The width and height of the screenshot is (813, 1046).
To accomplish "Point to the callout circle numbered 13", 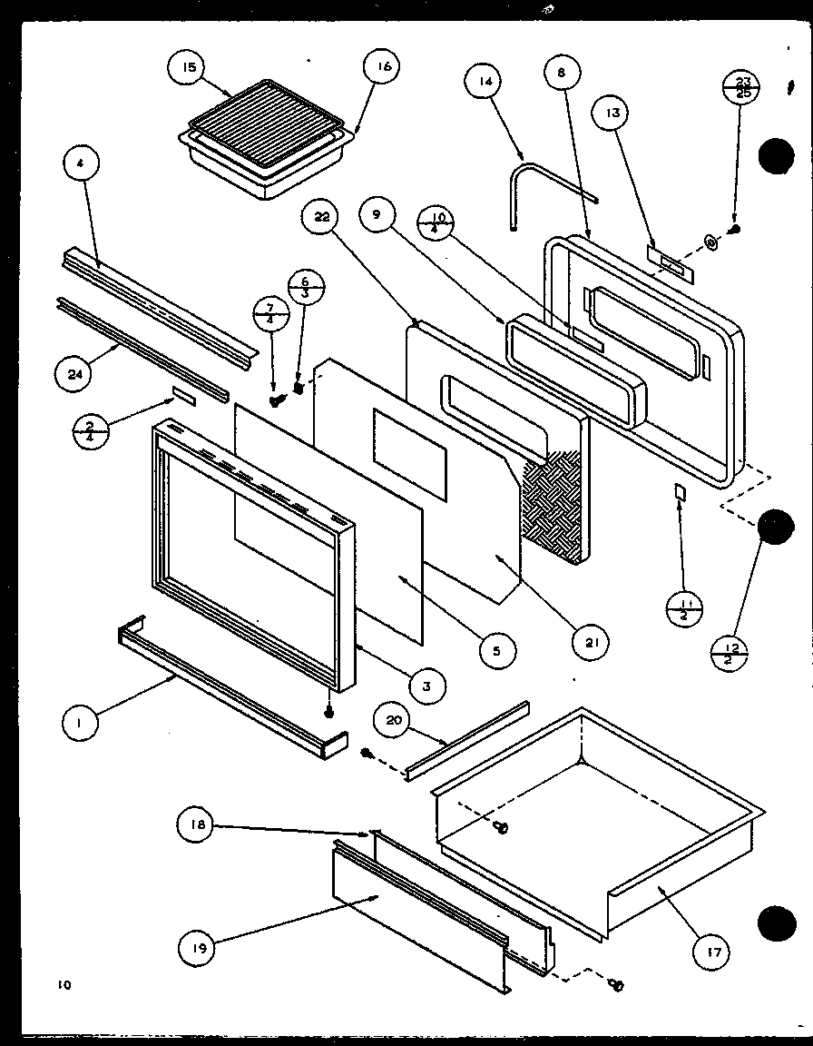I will point(612,113).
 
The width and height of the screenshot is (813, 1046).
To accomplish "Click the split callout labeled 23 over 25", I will point(741,88).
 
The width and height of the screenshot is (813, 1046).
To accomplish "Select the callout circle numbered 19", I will point(197,949).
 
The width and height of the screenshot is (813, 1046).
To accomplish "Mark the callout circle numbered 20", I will point(394,721).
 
